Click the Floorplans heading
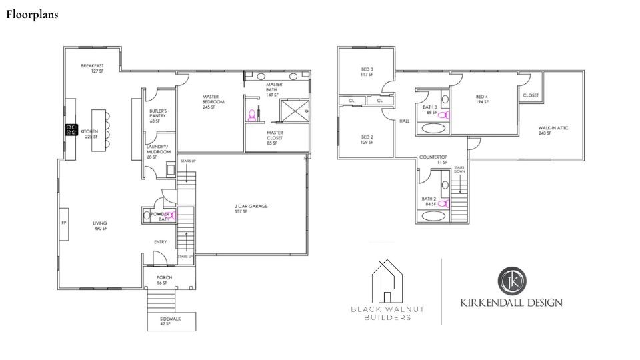pos(33,15)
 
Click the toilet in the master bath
pos(252,116)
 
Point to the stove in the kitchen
pos(70,131)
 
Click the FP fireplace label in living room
pos(64,223)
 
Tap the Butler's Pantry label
pos(158,116)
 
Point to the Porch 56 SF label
pos(164,280)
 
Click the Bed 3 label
pos(367,71)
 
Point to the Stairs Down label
pos(459,170)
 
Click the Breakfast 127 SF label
pos(93,68)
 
